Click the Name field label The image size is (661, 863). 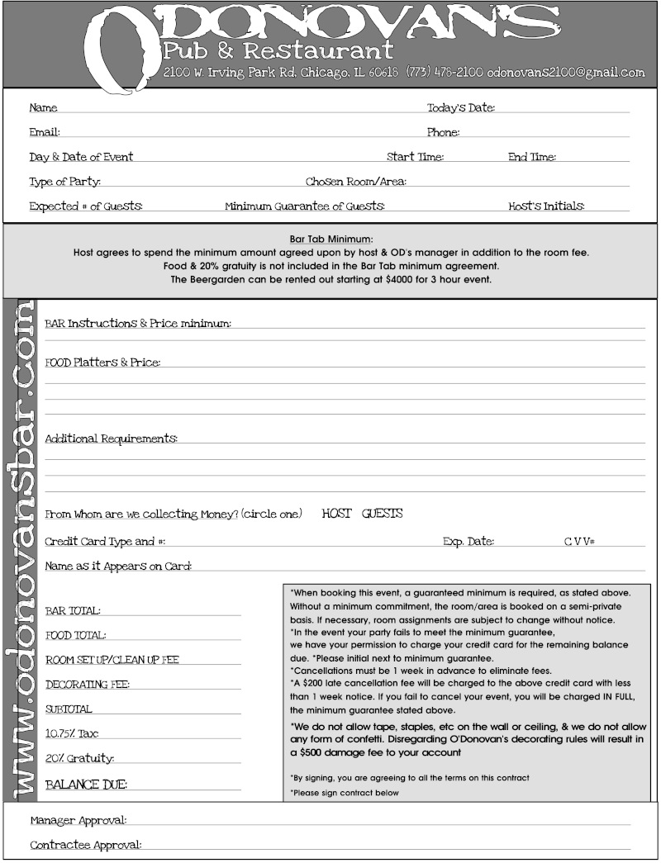click(x=43, y=108)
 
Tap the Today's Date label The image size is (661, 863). click(x=460, y=108)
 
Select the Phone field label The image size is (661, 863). click(x=443, y=132)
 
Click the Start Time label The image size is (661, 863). click(x=415, y=157)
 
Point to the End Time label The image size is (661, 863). click(x=531, y=157)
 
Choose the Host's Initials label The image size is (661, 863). click(x=546, y=206)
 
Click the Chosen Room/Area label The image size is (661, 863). click(x=355, y=182)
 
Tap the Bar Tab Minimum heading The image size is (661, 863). click(x=331, y=239)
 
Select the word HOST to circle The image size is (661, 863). click(x=337, y=514)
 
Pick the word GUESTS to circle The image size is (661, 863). click(x=383, y=514)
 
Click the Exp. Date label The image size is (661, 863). click(x=468, y=542)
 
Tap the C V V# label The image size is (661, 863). click(x=580, y=542)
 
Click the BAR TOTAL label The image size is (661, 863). click(x=73, y=611)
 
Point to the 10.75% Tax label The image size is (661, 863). click(x=72, y=733)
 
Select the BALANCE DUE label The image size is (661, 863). click(x=87, y=784)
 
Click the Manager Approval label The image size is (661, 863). click(x=78, y=821)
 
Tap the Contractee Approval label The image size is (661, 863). click(x=86, y=845)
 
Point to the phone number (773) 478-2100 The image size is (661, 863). click(x=445, y=73)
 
